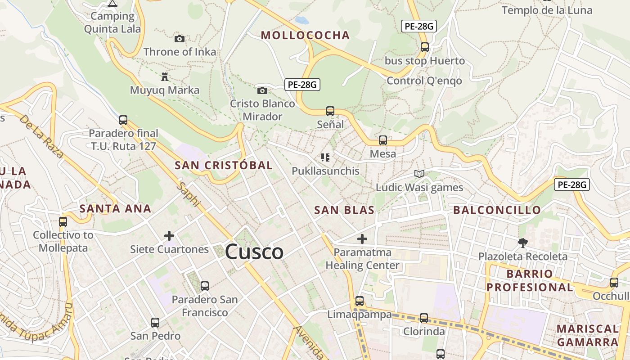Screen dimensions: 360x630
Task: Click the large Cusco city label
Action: pos(254,252)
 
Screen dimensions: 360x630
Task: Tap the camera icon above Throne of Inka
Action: pos(180,39)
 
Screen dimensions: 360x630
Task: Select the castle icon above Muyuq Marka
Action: pos(165,77)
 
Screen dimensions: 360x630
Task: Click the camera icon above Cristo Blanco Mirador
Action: pos(262,91)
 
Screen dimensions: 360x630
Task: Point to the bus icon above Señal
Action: pos(330,111)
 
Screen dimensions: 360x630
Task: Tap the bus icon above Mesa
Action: pos(383,140)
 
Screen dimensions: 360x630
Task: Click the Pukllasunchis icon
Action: pos(325,157)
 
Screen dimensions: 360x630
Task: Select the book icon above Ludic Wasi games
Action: pos(419,174)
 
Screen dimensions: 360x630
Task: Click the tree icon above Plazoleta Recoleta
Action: pos(522,243)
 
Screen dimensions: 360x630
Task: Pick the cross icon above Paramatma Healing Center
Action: pos(362,239)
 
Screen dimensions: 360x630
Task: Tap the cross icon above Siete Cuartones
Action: pos(169,236)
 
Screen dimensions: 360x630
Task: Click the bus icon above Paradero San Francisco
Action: pos(205,286)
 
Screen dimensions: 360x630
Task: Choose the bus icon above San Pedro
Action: pos(155,323)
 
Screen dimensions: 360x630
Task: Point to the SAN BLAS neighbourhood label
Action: pos(344,210)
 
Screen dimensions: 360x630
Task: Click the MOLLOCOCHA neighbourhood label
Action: pos(305,36)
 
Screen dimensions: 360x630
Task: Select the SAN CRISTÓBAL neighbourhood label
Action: pos(224,165)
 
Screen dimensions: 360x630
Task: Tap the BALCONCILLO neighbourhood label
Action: pos(497,210)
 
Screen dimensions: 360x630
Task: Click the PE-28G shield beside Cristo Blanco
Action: pos(302,84)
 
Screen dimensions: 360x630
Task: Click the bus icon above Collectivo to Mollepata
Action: pos(63,222)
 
